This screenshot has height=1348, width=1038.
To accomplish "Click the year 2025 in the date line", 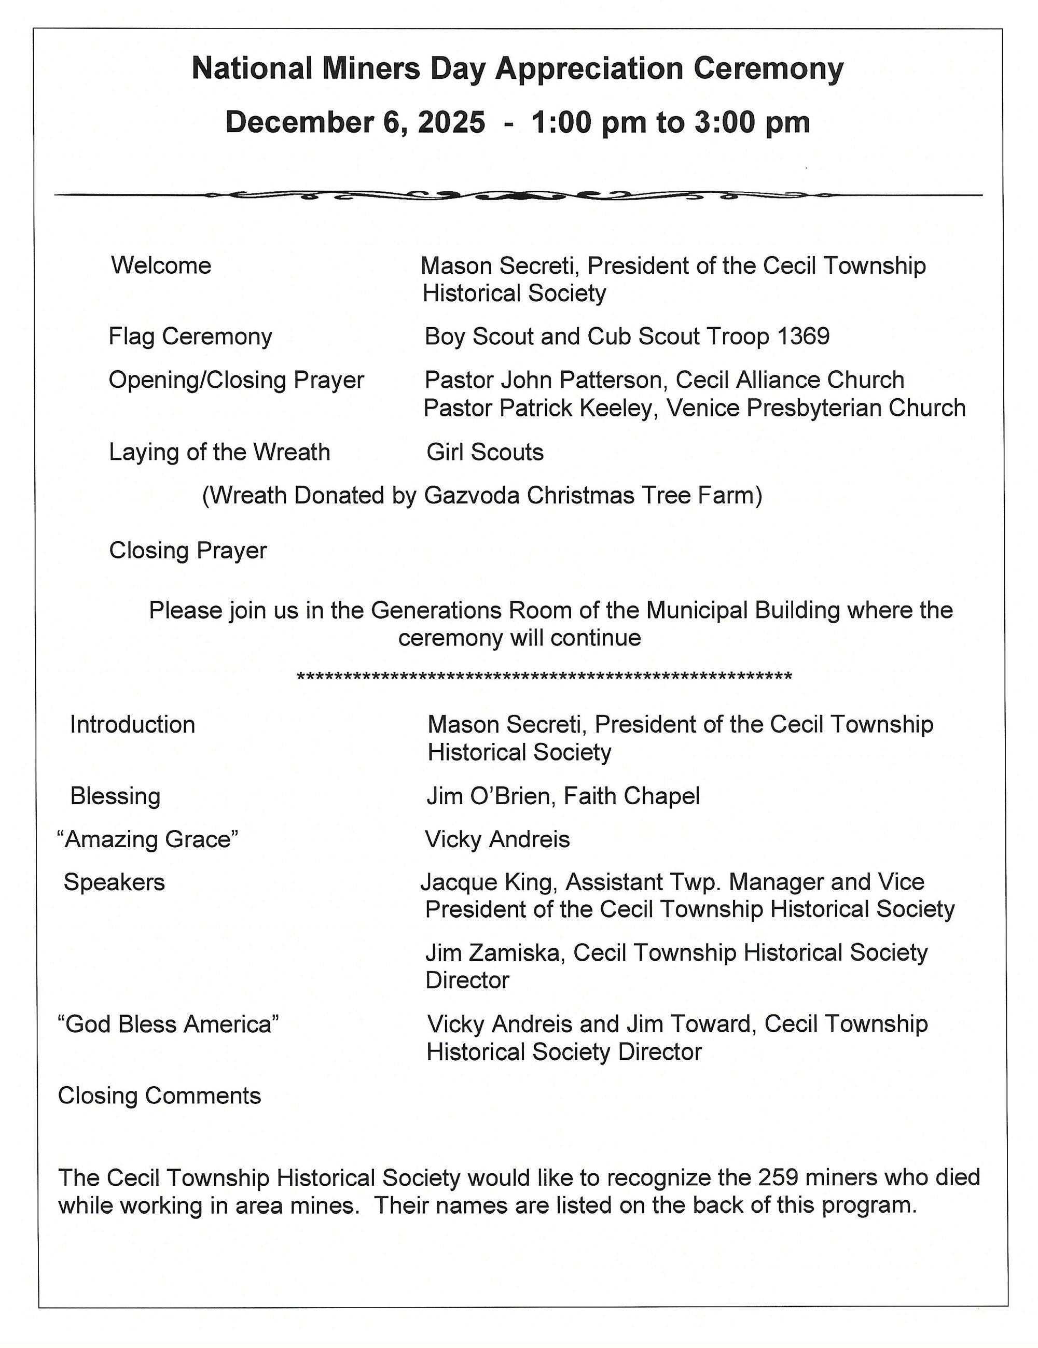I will (451, 122).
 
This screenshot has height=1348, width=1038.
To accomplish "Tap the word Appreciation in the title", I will (588, 68).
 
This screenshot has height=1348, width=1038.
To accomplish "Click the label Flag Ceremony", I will (190, 337).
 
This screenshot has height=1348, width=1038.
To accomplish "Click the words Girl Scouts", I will (485, 453).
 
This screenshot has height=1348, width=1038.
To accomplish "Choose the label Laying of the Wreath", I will (219, 453).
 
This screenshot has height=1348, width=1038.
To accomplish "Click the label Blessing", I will (116, 796).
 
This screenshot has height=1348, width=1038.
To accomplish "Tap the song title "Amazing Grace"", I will (147, 839).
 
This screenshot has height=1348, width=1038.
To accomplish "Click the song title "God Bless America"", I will (168, 1024).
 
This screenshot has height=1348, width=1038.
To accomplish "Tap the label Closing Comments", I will (159, 1096).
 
